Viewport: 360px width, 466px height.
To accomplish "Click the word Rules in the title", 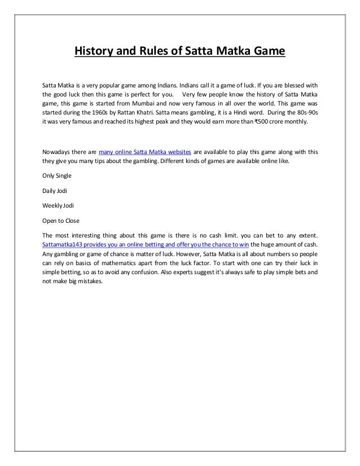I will tap(152, 53).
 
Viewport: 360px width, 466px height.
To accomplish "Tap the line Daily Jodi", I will tap(55, 191).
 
